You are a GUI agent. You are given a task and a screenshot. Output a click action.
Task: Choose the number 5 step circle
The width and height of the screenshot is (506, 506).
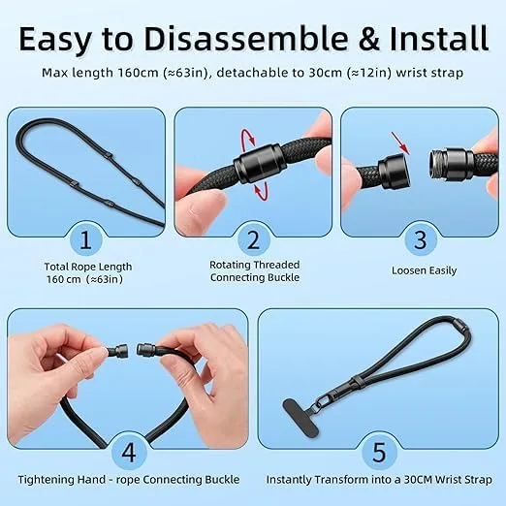379,451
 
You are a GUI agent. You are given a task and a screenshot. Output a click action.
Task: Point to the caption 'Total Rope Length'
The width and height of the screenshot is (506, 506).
87,267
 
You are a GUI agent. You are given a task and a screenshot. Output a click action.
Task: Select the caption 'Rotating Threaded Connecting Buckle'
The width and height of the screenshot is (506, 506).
254,270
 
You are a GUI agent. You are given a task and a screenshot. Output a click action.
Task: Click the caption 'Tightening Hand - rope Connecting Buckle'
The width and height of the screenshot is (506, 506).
127,480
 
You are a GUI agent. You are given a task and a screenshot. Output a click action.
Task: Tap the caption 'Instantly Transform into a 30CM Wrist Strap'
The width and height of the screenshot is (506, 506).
379,480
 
